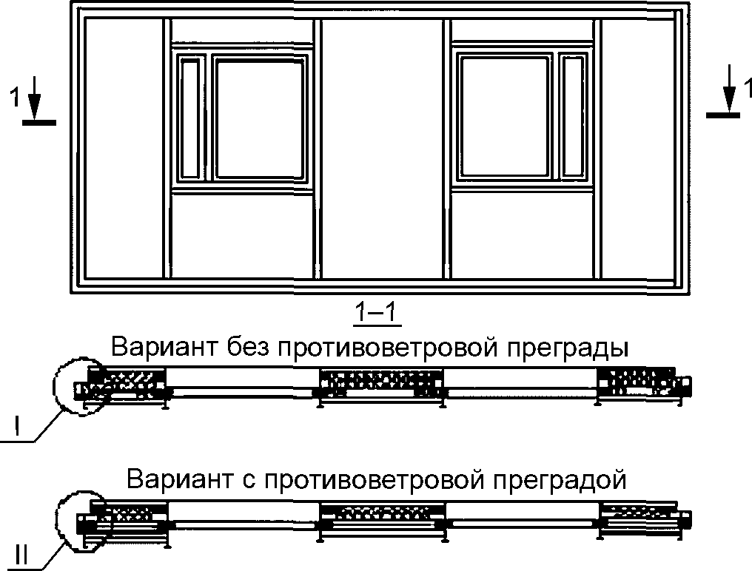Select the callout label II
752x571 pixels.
point(22,554)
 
